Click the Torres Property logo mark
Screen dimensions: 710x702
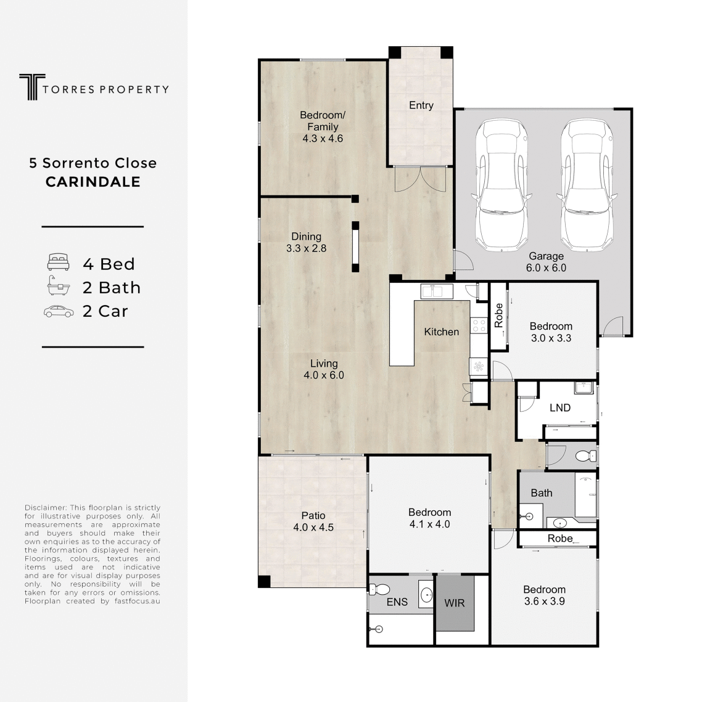pos(32,87)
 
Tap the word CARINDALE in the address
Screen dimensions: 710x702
pos(93,182)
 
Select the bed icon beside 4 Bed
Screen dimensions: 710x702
pos(59,262)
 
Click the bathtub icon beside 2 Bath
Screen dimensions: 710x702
pos(59,286)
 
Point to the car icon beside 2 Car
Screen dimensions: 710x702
pos(59,312)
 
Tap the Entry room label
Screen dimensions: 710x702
pos(421,105)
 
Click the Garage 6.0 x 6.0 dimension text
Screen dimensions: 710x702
pos(546,267)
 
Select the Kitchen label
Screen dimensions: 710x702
pos(442,332)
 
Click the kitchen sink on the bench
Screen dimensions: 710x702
pos(437,292)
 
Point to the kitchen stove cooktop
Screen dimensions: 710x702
pos(479,325)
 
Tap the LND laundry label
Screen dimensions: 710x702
pos(560,408)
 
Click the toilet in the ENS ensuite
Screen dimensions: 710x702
pos(379,589)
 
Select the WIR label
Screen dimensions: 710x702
pos(455,603)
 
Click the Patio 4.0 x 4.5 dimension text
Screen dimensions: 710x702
pos(313,528)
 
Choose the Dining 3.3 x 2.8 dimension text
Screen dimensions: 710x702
pos(306,248)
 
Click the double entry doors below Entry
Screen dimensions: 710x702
pos(421,179)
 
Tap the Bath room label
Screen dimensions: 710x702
pos(542,493)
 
